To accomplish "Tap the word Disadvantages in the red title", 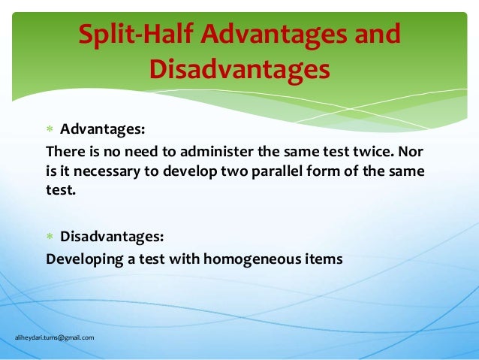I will point(239,69).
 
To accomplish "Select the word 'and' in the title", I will point(375,35).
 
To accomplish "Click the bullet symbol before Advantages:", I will point(50,129).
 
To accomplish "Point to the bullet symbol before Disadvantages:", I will point(50,237).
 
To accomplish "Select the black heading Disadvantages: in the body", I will point(110,237).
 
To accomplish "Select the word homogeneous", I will point(249,259).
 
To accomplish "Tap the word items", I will point(324,259).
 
